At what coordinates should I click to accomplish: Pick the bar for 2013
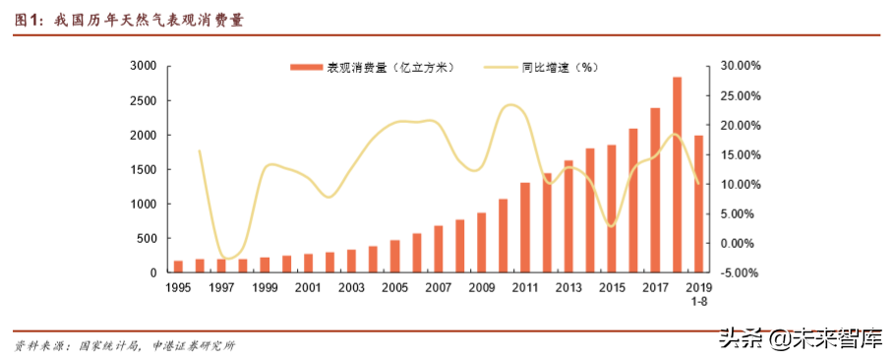click(x=568, y=216)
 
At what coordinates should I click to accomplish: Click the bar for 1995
click(x=178, y=267)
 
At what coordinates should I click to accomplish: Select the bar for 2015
click(x=612, y=209)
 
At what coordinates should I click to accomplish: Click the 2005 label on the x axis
click(x=394, y=287)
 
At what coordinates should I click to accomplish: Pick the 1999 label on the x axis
click(x=265, y=287)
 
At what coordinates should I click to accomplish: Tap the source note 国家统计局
click(x=106, y=345)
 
